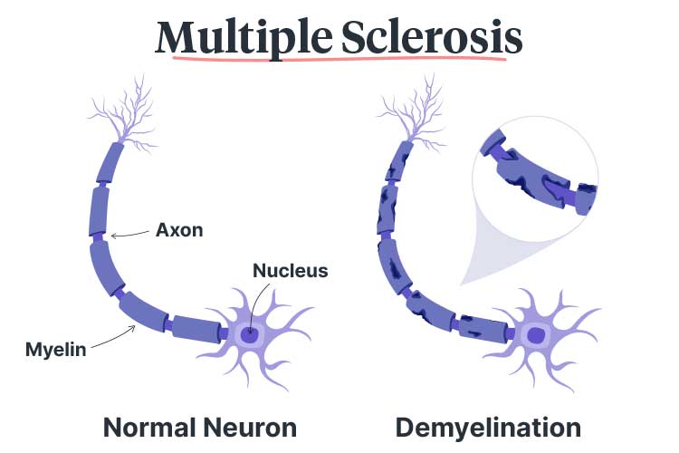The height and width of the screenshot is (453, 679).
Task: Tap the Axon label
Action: pyautogui.click(x=178, y=229)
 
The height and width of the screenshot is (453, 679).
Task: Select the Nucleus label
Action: pyautogui.click(x=290, y=270)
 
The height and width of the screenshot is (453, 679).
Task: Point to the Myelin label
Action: pyautogui.click(x=56, y=347)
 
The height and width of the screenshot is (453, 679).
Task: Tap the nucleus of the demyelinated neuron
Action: pyautogui.click(x=536, y=336)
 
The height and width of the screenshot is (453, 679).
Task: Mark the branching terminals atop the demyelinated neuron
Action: pyautogui.click(x=408, y=113)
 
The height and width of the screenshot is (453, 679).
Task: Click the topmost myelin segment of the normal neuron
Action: pyautogui.click(x=112, y=163)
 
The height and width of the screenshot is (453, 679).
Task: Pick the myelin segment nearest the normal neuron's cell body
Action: pyautogui.click(x=195, y=328)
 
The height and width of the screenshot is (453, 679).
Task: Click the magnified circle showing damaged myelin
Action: pyautogui.click(x=538, y=182)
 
